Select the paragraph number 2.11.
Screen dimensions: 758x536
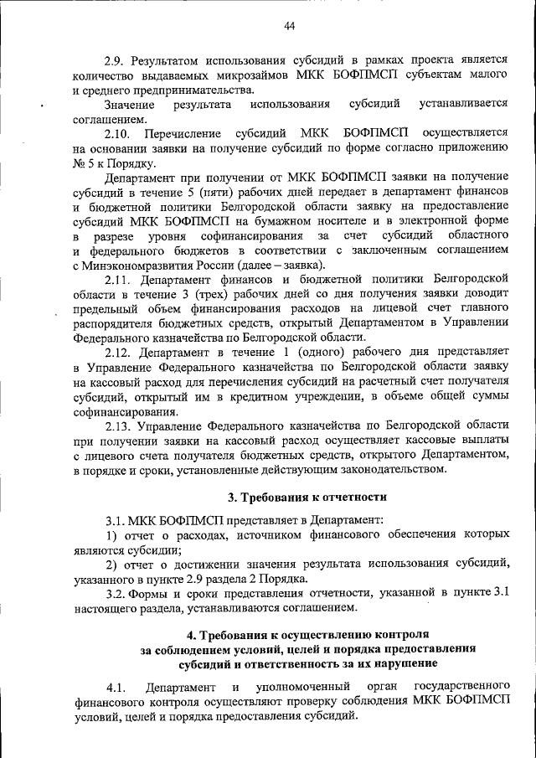pyautogui.click(x=118, y=278)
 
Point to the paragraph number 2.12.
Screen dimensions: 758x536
pyautogui.click(x=118, y=353)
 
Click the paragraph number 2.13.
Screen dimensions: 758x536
pyautogui.click(x=118, y=426)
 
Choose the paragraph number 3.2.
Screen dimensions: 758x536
pyautogui.click(x=116, y=594)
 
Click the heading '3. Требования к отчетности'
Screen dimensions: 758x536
pyautogui.click(x=307, y=497)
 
